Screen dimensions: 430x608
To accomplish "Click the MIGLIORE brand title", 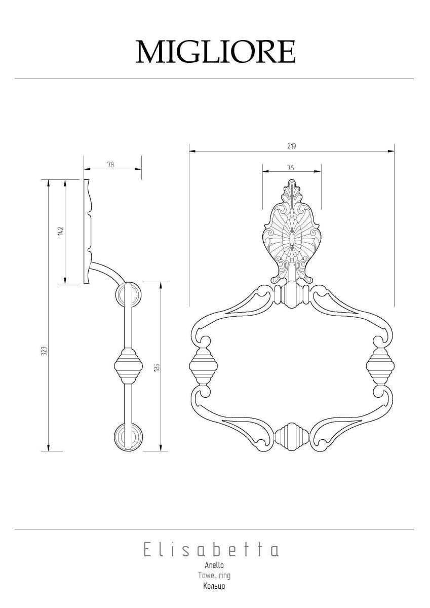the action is click(x=215, y=52).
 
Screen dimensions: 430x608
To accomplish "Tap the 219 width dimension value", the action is click(x=291, y=146).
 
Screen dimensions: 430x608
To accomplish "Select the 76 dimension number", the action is click(x=290, y=168).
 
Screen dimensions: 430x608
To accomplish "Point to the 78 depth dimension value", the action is click(x=111, y=165).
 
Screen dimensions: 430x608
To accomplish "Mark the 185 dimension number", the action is click(x=158, y=367).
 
